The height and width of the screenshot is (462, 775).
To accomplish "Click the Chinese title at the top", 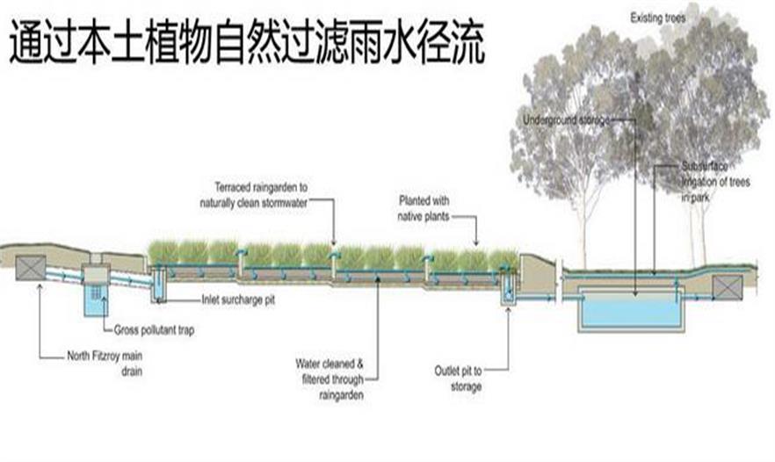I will pyautogui.click(x=247, y=43).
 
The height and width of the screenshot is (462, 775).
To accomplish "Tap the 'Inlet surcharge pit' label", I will pyautogui.click(x=236, y=299).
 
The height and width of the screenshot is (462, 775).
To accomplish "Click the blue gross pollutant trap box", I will pyautogui.click(x=93, y=299).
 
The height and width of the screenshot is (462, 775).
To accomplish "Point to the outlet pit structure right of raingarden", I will pyautogui.click(x=508, y=294).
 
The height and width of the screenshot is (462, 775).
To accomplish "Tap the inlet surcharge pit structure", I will pyautogui.click(x=159, y=284).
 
